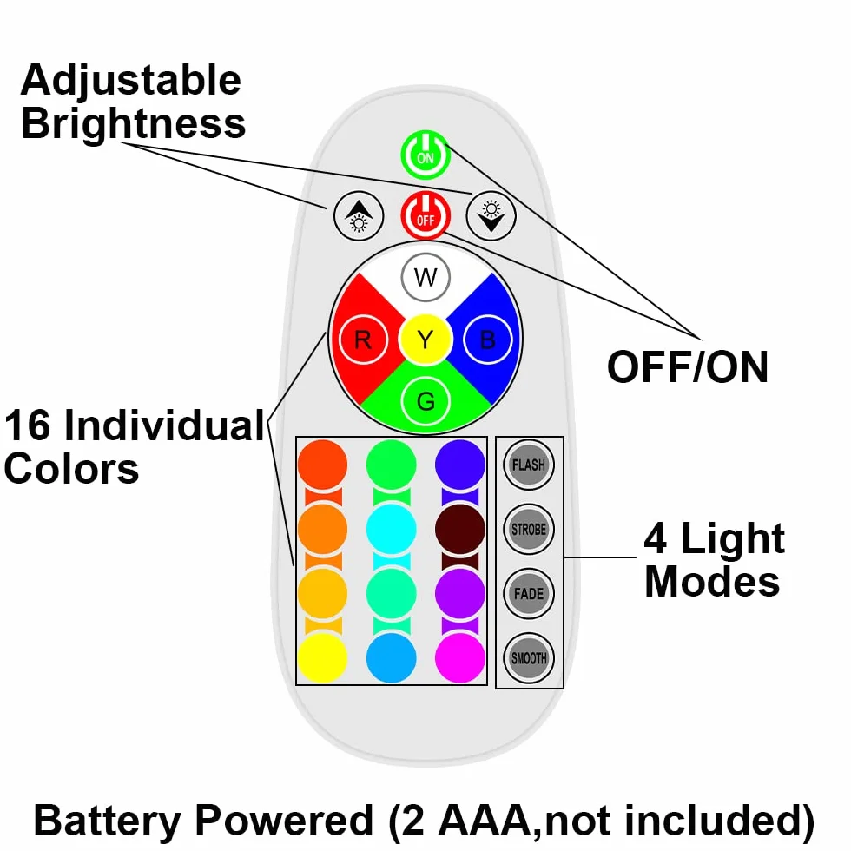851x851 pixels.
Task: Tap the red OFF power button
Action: [x=425, y=215]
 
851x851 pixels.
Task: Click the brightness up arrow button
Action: [x=358, y=215]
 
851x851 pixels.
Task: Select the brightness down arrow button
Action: [x=491, y=215]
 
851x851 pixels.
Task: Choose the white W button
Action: [x=425, y=277]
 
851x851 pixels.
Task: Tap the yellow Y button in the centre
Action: [x=425, y=340]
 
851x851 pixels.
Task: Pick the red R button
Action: [x=363, y=340]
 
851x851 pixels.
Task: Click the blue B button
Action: [x=488, y=340]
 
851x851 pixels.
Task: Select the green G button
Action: [x=425, y=401]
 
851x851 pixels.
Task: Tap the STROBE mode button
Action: [x=529, y=529]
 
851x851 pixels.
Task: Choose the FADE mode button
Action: [x=529, y=593]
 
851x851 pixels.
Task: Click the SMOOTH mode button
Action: [x=529, y=658]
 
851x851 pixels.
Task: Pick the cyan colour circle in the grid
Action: [x=392, y=529]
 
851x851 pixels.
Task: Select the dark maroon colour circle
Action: [x=460, y=529]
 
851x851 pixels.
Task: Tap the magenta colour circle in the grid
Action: [x=460, y=658]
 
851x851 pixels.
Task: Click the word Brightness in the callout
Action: [x=134, y=124]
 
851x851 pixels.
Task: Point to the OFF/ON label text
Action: [x=688, y=367]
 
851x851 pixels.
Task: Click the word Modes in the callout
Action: [x=712, y=581]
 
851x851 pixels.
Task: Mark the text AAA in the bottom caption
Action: [x=482, y=821]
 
